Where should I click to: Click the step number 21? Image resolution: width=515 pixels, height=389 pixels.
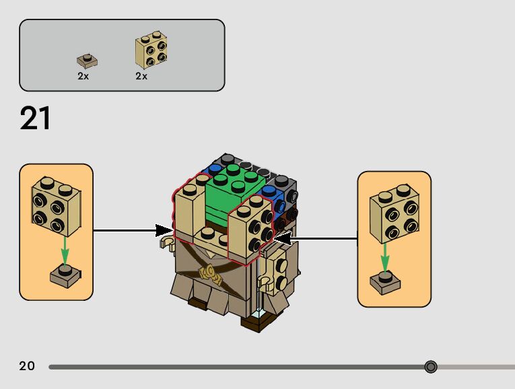pyautogui.click(x=36, y=118)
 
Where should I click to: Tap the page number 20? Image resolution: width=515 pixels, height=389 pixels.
pyautogui.click(x=27, y=366)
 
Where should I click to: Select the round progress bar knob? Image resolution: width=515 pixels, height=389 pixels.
pyautogui.click(x=431, y=367)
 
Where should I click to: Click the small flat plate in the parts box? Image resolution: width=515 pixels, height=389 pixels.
pyautogui.click(x=86, y=61)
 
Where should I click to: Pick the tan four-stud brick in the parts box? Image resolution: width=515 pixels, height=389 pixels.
pyautogui.click(x=152, y=49)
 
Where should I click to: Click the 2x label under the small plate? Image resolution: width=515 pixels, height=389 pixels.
pyautogui.click(x=83, y=76)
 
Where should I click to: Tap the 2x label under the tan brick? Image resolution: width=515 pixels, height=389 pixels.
pyautogui.click(x=141, y=76)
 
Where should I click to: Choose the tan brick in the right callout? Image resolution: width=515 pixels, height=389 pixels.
pyautogui.click(x=394, y=213)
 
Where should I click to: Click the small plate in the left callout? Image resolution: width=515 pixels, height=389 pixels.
pyautogui.click(x=64, y=275)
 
